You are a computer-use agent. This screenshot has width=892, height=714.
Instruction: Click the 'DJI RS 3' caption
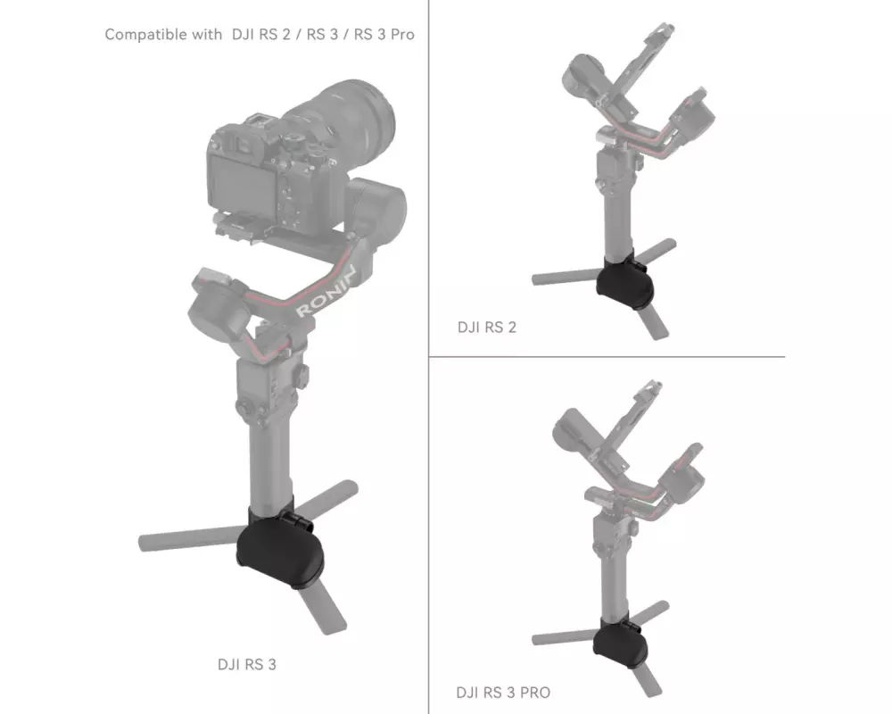click(247, 664)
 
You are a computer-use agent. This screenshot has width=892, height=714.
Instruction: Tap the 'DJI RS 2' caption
click(487, 328)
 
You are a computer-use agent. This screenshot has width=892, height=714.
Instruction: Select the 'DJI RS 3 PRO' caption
click(503, 693)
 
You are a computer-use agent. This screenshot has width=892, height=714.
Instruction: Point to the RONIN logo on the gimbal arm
click(326, 291)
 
